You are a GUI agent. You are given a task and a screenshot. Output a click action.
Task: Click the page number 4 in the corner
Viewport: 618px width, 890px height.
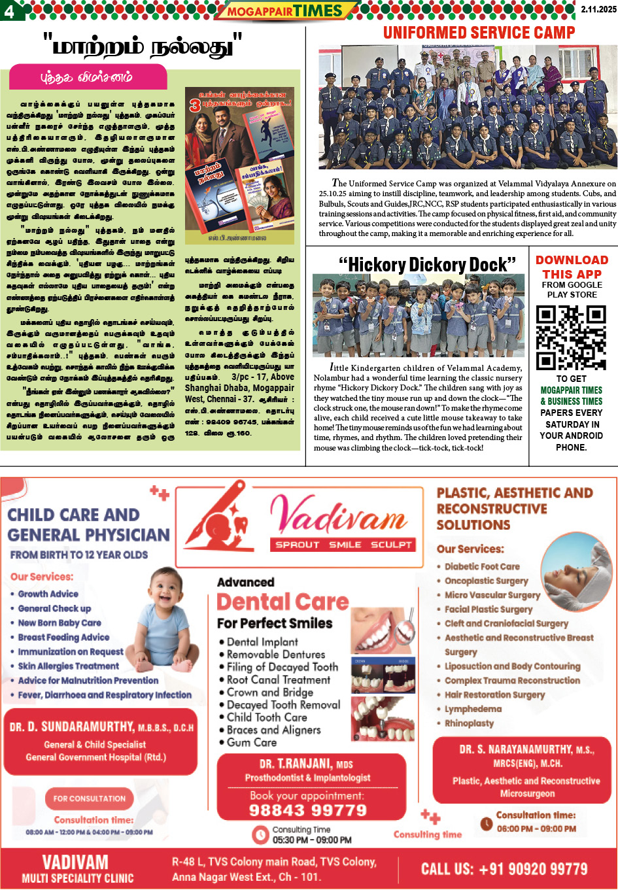(x=10, y=10)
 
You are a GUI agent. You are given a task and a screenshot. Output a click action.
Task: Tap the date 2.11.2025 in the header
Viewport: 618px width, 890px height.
(x=598, y=9)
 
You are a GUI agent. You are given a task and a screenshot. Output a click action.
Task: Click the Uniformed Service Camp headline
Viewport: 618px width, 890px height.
(x=479, y=33)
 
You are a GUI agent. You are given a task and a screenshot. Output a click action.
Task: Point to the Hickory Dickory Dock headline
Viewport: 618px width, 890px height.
(x=427, y=265)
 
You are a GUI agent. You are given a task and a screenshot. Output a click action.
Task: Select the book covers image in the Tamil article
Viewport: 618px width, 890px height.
(x=239, y=165)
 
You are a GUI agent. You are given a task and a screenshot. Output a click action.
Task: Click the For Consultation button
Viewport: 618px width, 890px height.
(x=90, y=798)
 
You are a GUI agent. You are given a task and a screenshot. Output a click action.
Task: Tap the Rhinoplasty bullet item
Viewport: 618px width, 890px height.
(x=469, y=723)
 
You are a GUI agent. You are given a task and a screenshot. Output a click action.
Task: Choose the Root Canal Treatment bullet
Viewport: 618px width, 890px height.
(x=278, y=679)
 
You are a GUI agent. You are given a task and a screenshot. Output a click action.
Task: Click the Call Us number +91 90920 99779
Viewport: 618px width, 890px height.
(x=504, y=869)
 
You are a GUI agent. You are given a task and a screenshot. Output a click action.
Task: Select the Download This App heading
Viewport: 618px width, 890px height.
(x=572, y=267)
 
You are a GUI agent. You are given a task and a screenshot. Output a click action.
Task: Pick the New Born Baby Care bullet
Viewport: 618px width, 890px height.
(x=60, y=623)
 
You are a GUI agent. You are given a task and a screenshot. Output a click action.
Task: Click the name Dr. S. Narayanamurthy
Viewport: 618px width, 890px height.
(x=526, y=749)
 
